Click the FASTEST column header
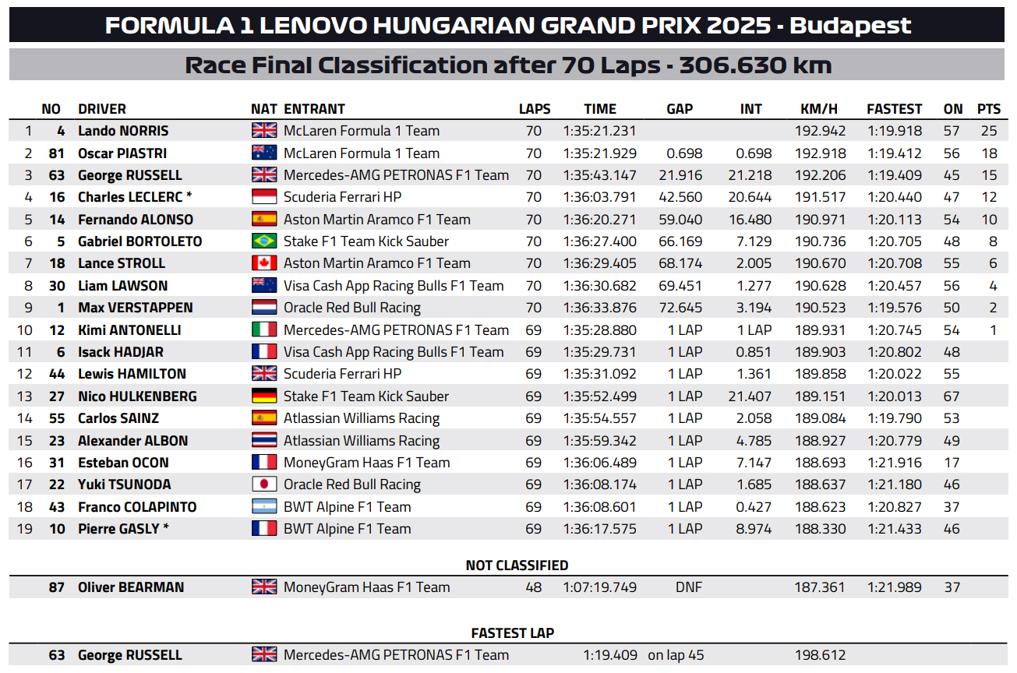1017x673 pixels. (894, 109)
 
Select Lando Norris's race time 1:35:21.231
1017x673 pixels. (599, 131)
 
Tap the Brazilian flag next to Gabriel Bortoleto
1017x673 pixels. (263, 241)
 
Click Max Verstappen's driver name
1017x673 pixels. (136, 308)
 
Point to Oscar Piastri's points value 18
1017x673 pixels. (989, 153)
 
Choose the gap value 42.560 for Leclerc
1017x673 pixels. (680, 197)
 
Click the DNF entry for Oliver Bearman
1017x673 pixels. (688, 587)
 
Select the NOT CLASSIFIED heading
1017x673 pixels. (517, 565)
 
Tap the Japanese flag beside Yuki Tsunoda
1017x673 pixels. (263, 484)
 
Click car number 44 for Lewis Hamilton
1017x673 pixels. (57, 374)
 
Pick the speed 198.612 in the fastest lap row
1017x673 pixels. (820, 655)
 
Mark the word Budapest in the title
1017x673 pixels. (850, 26)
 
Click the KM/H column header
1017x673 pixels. (818, 109)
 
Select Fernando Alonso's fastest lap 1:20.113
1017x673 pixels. (895, 220)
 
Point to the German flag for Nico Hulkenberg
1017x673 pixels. (263, 396)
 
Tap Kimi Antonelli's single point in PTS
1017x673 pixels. (993, 330)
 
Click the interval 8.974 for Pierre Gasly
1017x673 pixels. (754, 529)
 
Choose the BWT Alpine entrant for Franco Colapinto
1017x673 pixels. (347, 507)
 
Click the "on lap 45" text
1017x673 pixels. (676, 655)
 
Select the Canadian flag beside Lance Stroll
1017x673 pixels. (263, 263)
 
